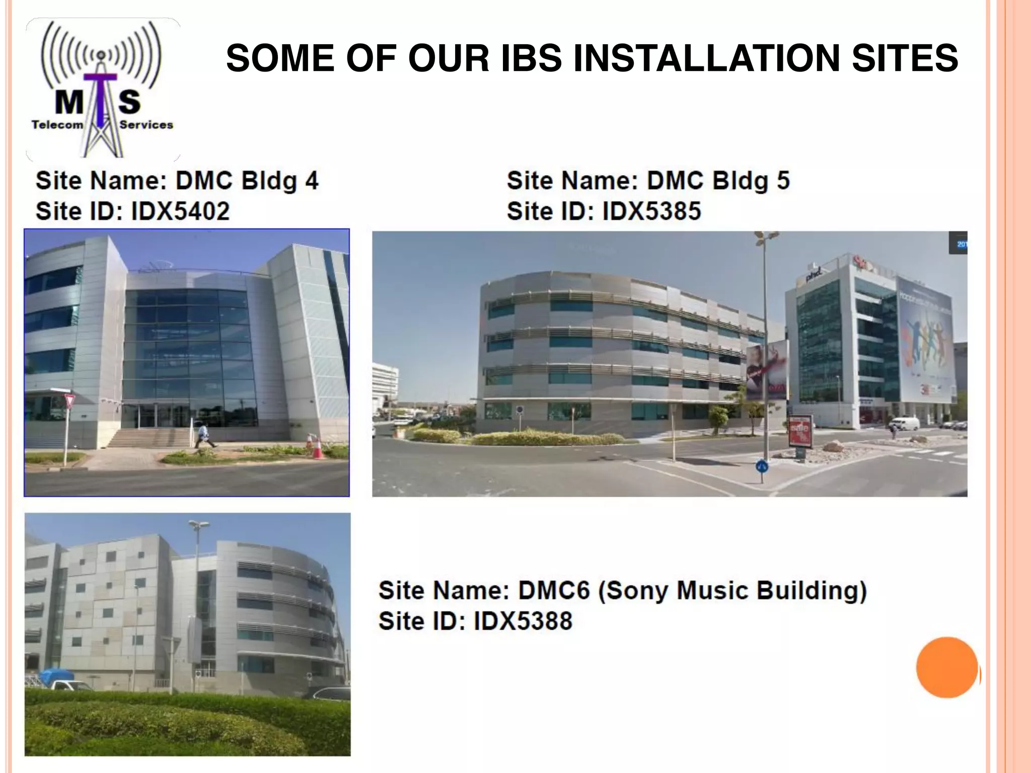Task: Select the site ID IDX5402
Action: click(180, 211)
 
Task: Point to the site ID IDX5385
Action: click(651, 211)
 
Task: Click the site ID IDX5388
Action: click(523, 621)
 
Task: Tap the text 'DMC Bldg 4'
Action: click(247, 181)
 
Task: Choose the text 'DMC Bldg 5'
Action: click(718, 181)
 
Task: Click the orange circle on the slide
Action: click(947, 667)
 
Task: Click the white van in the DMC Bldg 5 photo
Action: click(904, 423)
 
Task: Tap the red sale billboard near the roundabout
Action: click(800, 432)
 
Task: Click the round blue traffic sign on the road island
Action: click(762, 467)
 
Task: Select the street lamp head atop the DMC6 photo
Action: click(198, 525)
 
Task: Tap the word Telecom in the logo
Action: click(57, 125)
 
